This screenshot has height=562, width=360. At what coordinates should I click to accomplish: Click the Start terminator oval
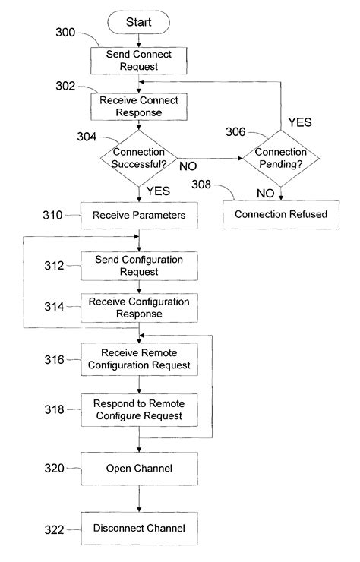138,22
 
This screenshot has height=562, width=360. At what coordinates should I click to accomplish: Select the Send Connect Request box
138,61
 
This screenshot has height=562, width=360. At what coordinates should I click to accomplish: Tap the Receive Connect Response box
138,106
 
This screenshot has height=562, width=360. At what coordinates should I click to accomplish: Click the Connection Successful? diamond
139,158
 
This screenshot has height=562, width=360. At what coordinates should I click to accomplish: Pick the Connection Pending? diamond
281,158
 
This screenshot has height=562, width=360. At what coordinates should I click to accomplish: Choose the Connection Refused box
281,214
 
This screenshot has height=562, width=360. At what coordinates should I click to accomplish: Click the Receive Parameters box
139,216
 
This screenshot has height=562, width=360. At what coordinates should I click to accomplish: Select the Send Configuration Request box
139,266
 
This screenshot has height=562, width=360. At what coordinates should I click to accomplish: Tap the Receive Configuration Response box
139,308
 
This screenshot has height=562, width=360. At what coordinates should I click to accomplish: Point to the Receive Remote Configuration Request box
139,359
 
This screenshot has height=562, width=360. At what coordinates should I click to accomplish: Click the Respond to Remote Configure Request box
139,410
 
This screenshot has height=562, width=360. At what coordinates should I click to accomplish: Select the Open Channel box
139,469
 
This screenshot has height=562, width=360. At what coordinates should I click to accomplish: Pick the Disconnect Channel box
139,529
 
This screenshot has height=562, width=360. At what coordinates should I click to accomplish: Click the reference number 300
65,32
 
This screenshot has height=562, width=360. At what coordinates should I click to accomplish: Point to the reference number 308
201,185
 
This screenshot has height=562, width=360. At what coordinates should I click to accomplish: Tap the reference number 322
54,530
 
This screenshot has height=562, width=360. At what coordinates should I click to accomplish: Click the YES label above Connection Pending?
300,122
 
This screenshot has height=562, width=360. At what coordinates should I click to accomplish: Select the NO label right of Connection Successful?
188,166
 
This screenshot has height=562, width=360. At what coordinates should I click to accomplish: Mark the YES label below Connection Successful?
158,191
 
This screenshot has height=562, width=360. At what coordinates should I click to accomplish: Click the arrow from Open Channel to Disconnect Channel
139,498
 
